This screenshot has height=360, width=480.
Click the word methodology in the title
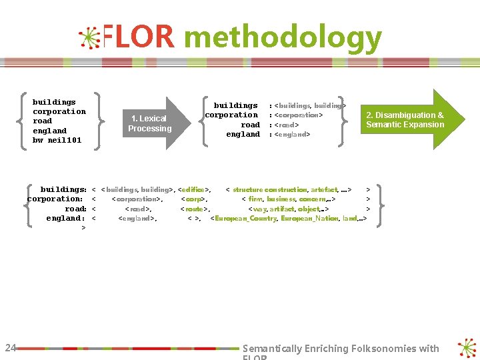pos(283,39)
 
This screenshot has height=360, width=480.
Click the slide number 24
pos(11,347)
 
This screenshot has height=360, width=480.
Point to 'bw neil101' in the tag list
pos(57,140)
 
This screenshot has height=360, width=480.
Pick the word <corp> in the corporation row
pos(194,199)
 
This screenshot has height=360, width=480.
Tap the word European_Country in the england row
pos(243,218)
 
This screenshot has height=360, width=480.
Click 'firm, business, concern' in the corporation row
pos(287,199)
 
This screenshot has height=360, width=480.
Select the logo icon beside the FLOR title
pos(89,38)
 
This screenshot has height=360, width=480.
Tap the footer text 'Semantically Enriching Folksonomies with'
pos(341,348)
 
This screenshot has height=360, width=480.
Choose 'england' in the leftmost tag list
pos(50,131)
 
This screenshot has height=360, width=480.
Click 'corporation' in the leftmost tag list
pos(59,111)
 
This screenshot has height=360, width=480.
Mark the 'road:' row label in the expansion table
pos(75,209)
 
